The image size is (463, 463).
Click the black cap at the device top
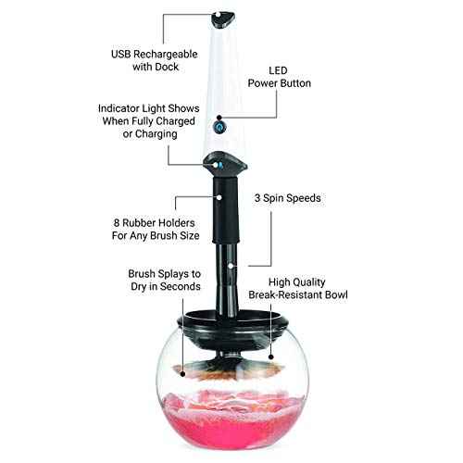click(x=222, y=17)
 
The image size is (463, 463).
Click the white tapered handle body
click(x=222, y=83)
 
